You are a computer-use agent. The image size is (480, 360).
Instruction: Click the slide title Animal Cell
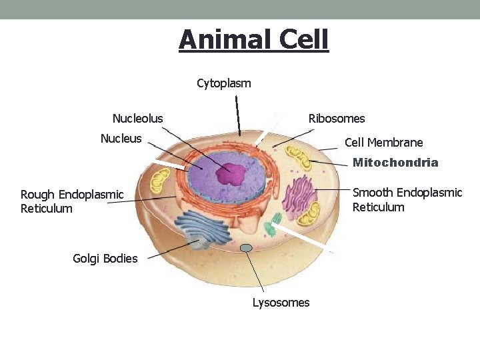coord(253,39)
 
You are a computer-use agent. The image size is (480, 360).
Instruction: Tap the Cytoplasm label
coord(224,83)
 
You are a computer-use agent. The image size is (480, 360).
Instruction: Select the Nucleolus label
coord(137,119)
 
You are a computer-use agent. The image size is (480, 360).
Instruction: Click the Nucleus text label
coord(121,139)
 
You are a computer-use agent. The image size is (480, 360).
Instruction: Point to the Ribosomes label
coord(337,119)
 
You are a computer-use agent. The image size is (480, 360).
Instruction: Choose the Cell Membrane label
coord(383,143)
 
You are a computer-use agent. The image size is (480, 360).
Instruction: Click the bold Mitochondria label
coord(395,163)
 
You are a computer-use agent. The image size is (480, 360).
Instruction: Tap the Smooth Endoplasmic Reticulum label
coord(407,199)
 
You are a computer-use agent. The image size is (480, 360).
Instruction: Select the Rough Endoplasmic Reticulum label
coord(72,201)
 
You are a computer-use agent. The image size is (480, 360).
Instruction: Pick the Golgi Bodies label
coord(105,259)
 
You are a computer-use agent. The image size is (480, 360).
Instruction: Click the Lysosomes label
coord(281,303)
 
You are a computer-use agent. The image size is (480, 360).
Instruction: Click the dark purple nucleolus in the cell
coord(231,174)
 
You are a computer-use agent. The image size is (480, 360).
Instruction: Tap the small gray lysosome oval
coord(246,248)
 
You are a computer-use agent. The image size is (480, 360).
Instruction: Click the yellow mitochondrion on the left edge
coord(160,180)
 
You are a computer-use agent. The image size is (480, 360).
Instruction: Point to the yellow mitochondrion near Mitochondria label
coord(297,158)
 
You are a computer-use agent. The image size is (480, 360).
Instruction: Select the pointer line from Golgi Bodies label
coord(170,249)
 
